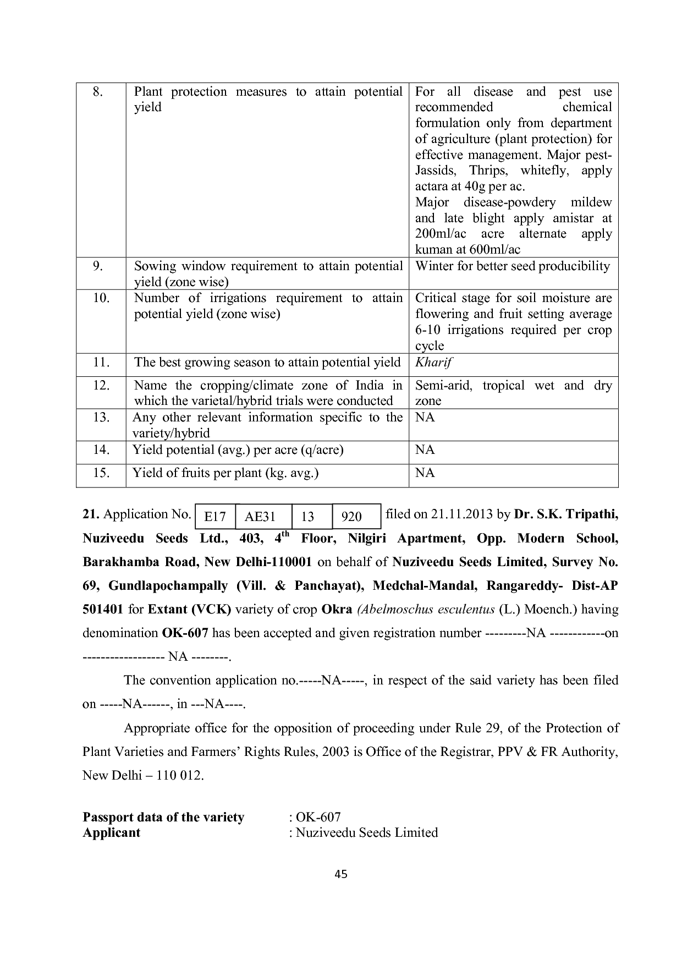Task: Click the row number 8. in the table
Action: coord(98,92)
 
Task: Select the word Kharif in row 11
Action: coord(433,363)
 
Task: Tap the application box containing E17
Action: coord(215,517)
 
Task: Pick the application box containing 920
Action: coord(351,517)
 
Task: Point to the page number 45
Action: coord(341,874)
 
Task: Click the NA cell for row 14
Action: coord(425,450)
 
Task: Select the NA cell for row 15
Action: coord(425,473)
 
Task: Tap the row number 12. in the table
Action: coord(101,385)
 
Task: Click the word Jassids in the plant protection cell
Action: coord(434,171)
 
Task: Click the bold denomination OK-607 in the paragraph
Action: coord(185,633)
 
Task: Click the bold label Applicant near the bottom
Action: coord(111,833)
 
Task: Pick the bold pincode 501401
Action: coord(103,610)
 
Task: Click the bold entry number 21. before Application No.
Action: coord(91,514)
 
